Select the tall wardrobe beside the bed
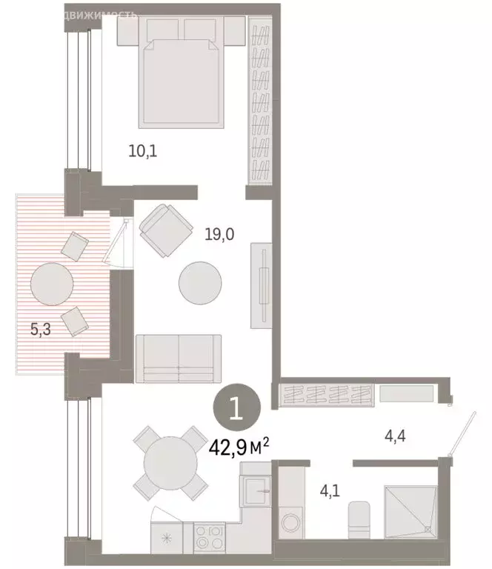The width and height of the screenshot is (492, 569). coord(261,104)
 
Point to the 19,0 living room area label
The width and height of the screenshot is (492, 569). coord(219,236)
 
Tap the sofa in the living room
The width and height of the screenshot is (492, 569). coord(179,358)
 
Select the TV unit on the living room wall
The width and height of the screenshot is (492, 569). coord(261,285)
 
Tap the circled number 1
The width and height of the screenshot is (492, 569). coord(236,408)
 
